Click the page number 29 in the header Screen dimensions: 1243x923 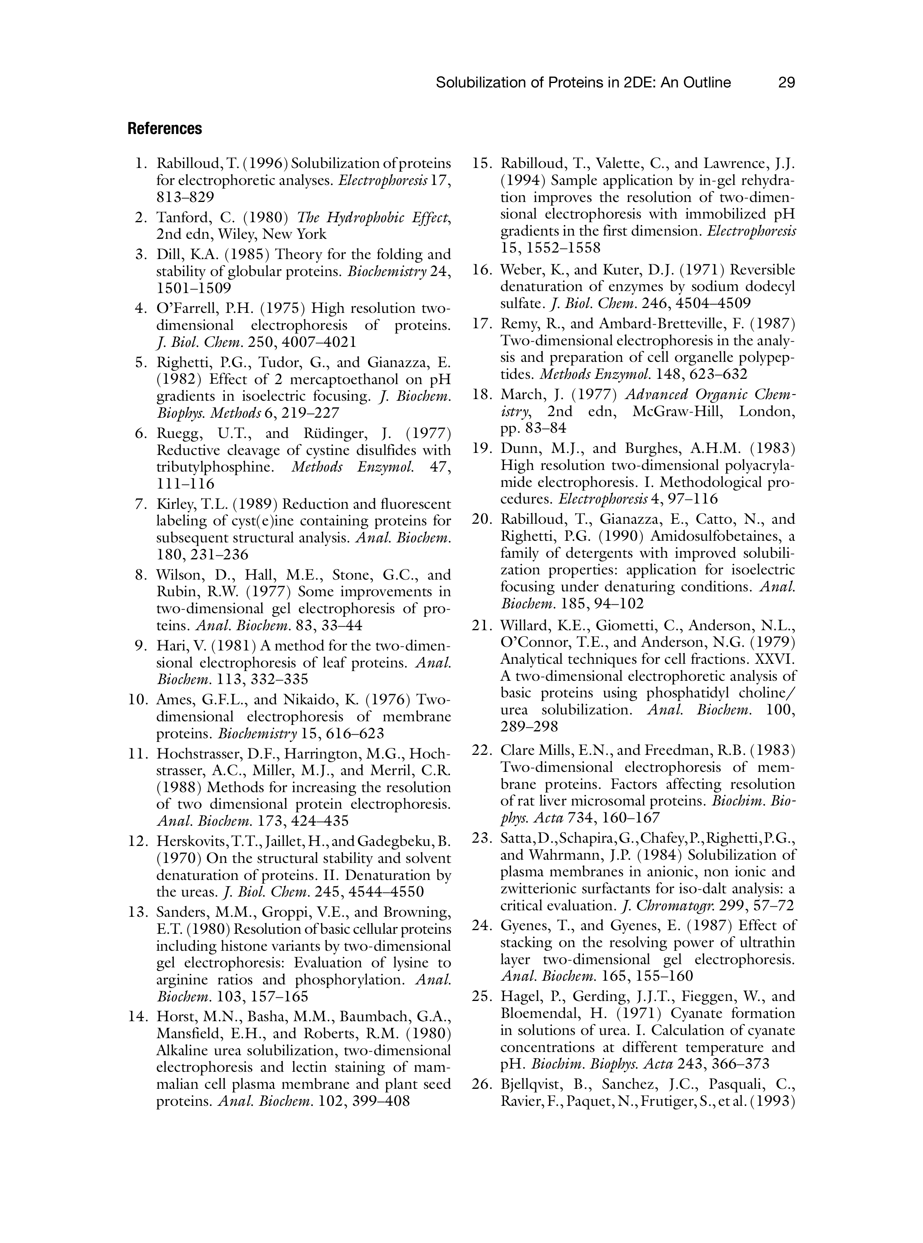(786, 83)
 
